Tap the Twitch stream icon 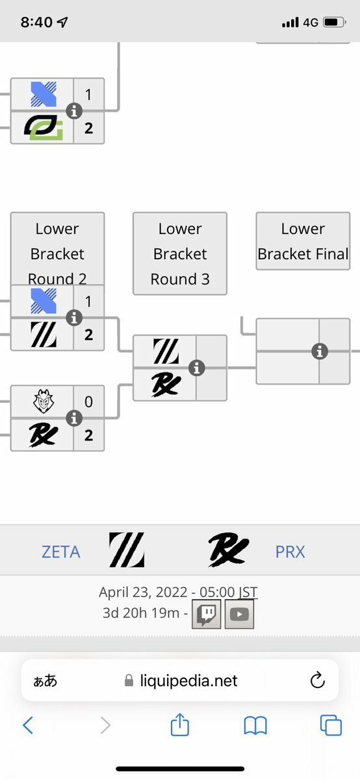207,614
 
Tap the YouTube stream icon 240,614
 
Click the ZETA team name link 60,552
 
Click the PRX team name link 290,552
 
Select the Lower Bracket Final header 303,241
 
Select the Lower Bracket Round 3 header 180,253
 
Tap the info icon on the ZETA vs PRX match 197,368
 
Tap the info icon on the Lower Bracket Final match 320,351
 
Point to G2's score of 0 88,402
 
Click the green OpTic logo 44,128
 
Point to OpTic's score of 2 88,128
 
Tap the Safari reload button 317,680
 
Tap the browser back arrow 28,726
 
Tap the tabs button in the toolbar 331,725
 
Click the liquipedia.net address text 188,681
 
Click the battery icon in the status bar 334,22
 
